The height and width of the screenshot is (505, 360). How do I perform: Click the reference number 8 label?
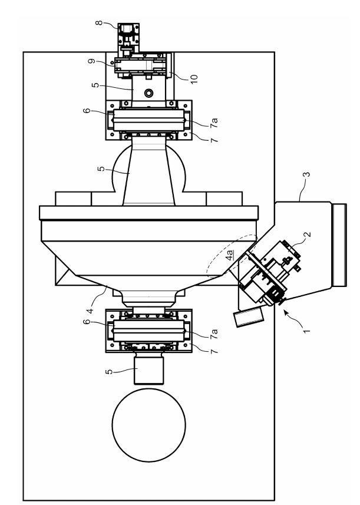pos(99,23)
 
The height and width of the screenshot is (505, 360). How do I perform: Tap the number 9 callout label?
pos(93,61)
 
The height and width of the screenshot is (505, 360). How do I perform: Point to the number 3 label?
pos(307,174)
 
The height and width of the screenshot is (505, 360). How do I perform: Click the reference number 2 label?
pos(308,234)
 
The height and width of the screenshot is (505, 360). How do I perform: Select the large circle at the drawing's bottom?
pos(148,425)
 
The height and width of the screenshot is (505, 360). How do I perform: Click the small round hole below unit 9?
pos(148,94)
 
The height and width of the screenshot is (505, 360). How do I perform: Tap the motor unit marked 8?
pos(128,37)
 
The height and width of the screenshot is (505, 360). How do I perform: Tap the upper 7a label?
pos(214,123)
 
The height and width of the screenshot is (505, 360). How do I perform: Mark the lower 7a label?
pos(214,334)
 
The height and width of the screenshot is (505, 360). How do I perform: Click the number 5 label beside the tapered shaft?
pos(101,169)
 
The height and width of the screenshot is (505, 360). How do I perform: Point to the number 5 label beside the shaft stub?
pos(109,372)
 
